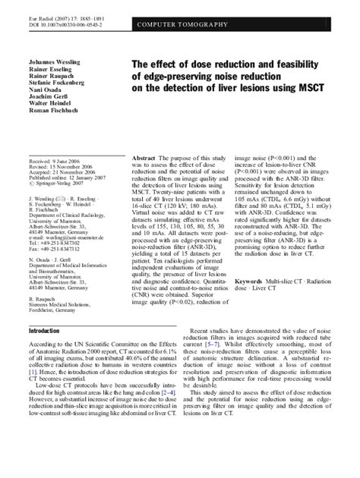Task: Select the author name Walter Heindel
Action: click(49, 121)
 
